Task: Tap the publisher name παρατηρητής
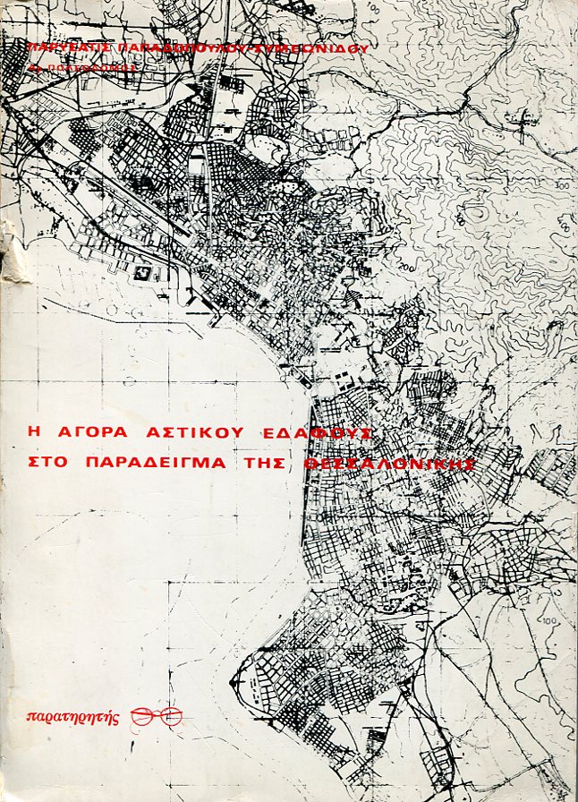click(x=73, y=716)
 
